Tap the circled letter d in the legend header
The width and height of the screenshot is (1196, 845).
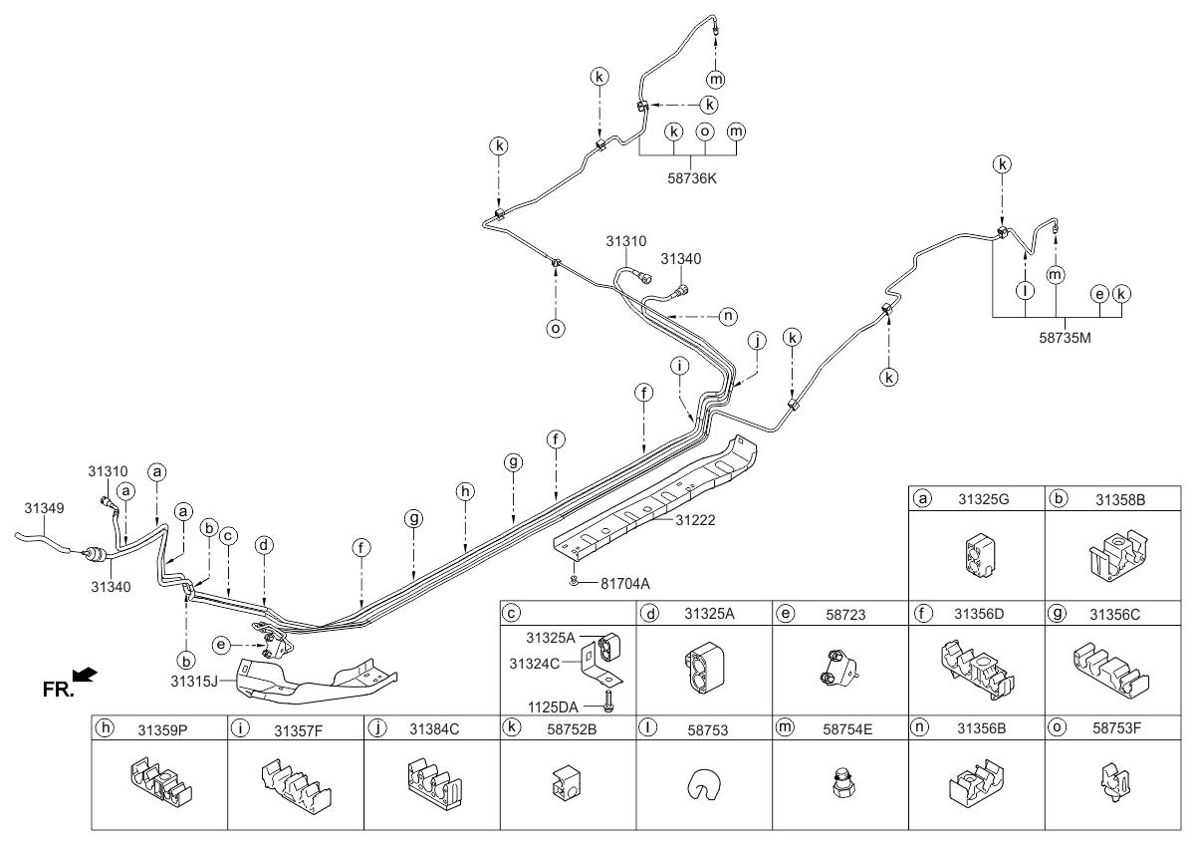(649, 616)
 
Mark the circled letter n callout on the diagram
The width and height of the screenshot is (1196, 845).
(729, 315)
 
